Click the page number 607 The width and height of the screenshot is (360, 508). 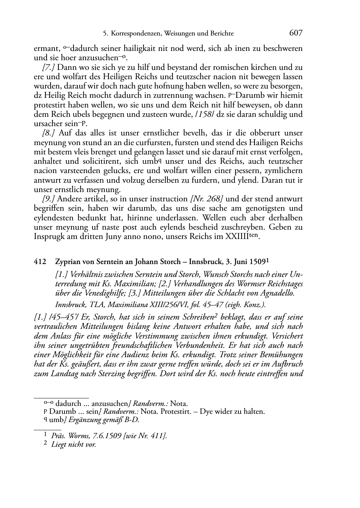(295, 33)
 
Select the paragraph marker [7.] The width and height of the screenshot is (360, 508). (49, 67)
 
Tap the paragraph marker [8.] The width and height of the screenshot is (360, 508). (49, 133)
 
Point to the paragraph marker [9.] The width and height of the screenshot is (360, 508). (49, 199)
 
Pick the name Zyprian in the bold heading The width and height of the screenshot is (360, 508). (67, 262)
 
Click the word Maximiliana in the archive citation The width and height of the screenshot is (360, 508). (125, 305)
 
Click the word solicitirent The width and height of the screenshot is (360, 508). (95, 162)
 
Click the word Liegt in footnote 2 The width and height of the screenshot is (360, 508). (59, 445)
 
